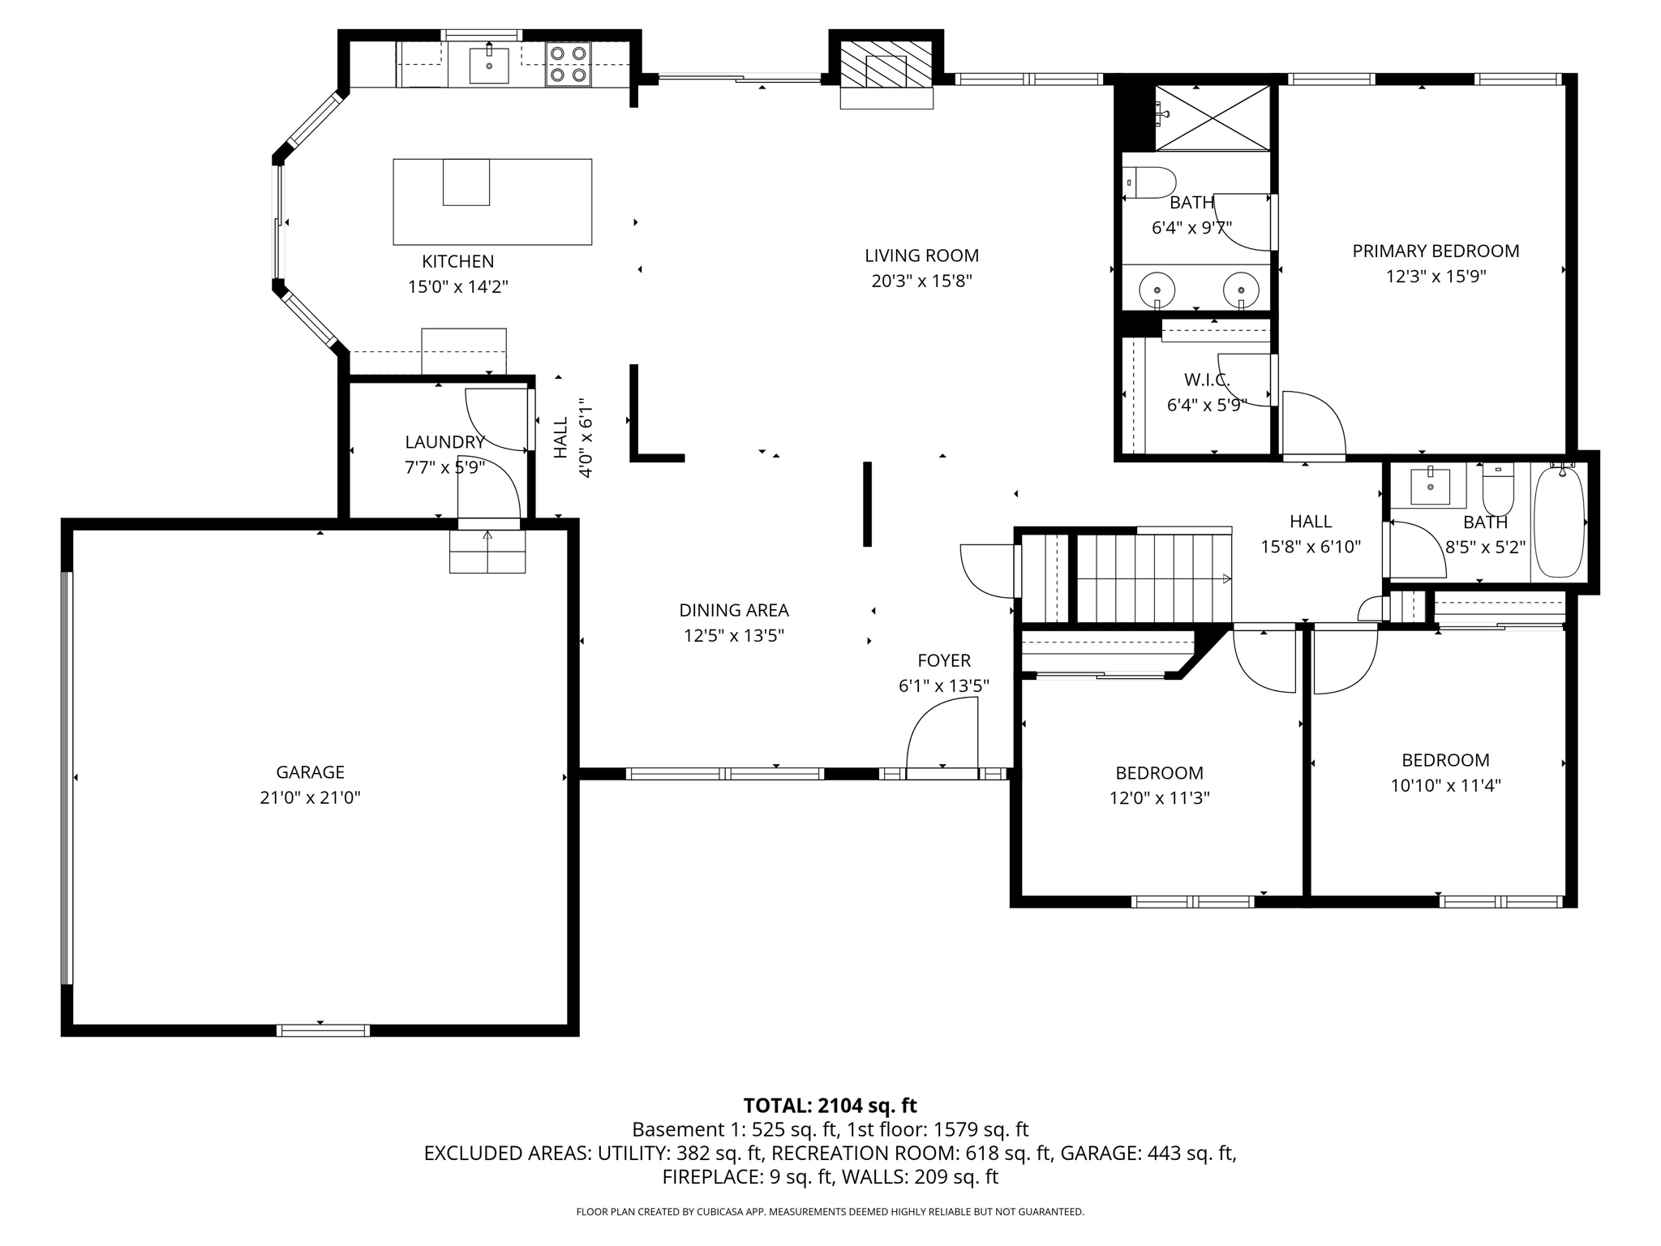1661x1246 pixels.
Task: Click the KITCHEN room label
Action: click(457, 261)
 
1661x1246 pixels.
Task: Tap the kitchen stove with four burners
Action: click(568, 64)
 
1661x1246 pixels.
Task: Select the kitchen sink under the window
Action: click(489, 65)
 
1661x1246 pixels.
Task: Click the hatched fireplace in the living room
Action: click(886, 64)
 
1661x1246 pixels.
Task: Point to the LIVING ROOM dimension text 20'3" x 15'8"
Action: click(921, 281)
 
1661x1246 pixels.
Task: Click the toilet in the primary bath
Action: click(1150, 183)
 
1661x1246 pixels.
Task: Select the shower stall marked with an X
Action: click(1212, 118)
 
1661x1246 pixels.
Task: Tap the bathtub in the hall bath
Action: click(1559, 522)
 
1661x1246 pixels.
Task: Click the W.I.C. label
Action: click(1207, 380)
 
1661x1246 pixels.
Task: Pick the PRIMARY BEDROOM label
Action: click(1436, 251)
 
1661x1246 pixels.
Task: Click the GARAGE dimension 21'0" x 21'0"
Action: click(310, 797)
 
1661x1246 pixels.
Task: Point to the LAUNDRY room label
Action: click(444, 442)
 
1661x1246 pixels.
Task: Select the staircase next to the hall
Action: click(1152, 578)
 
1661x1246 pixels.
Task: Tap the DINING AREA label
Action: click(733, 610)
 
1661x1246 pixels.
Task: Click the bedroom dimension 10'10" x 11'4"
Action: click(1445, 785)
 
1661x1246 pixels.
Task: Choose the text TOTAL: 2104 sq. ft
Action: click(830, 1105)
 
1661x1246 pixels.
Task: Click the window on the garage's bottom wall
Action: click(323, 1030)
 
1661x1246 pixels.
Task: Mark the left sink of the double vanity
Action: click(1157, 289)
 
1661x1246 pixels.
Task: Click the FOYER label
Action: click(943, 660)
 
